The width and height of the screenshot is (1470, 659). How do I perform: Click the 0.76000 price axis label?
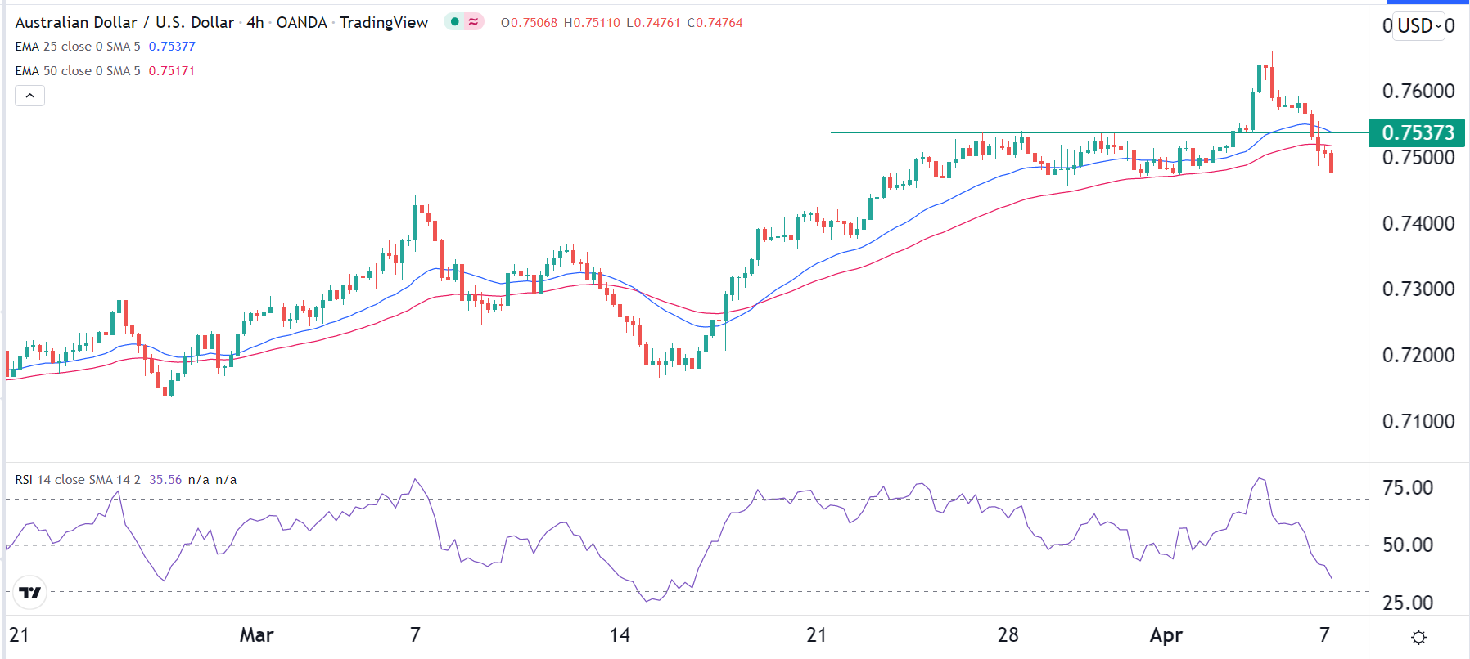pyautogui.click(x=1418, y=91)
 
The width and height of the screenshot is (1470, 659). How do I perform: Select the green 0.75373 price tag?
pyautogui.click(x=1418, y=132)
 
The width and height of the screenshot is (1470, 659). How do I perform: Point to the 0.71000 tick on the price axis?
pyautogui.click(x=1418, y=421)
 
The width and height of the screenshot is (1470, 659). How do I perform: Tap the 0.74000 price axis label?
pyautogui.click(x=1418, y=223)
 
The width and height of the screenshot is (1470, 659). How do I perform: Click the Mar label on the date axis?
pyautogui.click(x=256, y=635)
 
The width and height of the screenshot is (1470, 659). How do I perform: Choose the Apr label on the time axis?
pyautogui.click(x=1166, y=635)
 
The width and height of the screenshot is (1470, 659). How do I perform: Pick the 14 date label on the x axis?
pyautogui.click(x=620, y=635)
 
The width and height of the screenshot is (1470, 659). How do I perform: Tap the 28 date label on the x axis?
pyautogui.click(x=1008, y=635)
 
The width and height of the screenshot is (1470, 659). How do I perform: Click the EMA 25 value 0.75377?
pyautogui.click(x=172, y=47)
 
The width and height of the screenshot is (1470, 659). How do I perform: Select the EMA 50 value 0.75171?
pyautogui.click(x=172, y=71)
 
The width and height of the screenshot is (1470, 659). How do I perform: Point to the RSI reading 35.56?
pyautogui.click(x=165, y=480)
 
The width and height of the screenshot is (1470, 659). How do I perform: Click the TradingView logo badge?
pyautogui.click(x=30, y=593)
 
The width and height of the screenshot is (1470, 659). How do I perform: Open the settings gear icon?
pyautogui.click(x=1419, y=637)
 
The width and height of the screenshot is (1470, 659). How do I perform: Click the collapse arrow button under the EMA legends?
pyautogui.click(x=30, y=96)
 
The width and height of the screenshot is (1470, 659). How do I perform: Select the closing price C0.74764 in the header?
pyautogui.click(x=715, y=23)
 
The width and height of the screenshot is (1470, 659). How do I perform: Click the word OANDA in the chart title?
pyautogui.click(x=301, y=23)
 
